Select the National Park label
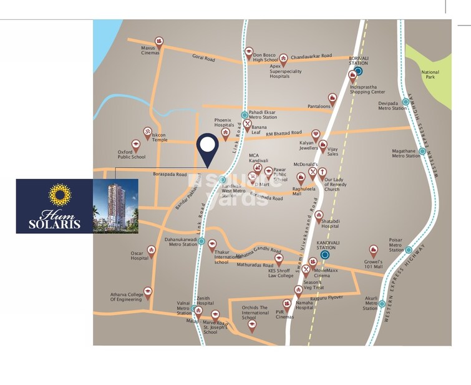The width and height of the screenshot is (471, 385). tap(430, 75)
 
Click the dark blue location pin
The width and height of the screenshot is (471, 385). tap(206, 149)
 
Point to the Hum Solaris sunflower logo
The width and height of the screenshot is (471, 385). tap(60, 194)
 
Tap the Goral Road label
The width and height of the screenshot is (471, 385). tap(204, 59)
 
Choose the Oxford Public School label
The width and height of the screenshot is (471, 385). tap(132, 154)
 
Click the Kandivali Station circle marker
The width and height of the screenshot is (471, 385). tap(324, 255)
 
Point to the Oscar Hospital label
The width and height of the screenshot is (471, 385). tap(140, 255)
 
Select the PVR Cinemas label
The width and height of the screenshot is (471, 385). tap(284, 314)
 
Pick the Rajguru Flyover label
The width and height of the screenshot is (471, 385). tap(328, 298)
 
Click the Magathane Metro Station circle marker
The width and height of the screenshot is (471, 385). tap(422, 151)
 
